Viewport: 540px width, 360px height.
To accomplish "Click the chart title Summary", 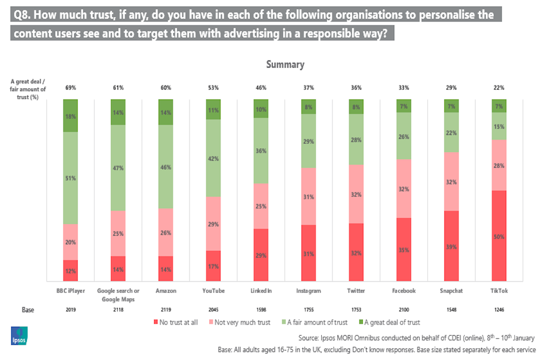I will [285, 65].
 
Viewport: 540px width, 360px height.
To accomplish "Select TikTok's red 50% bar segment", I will [499, 236].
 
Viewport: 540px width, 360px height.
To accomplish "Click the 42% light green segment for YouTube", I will [213, 158].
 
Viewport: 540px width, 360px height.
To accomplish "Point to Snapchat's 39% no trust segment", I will [451, 246].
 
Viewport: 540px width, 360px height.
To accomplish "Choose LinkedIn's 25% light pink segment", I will [260, 206].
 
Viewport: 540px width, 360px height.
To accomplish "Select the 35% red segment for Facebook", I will [404, 249].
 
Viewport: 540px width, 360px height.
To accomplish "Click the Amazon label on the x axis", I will [165, 290].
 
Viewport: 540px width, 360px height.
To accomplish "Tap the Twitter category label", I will [356, 290].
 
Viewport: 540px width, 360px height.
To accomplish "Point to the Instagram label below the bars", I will [308, 290].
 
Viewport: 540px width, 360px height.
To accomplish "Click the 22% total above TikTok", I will [499, 88].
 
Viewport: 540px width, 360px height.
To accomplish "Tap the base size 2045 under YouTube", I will [213, 309].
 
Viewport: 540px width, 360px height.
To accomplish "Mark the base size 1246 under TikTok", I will [499, 309].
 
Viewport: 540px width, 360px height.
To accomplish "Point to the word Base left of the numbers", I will [28, 309].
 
